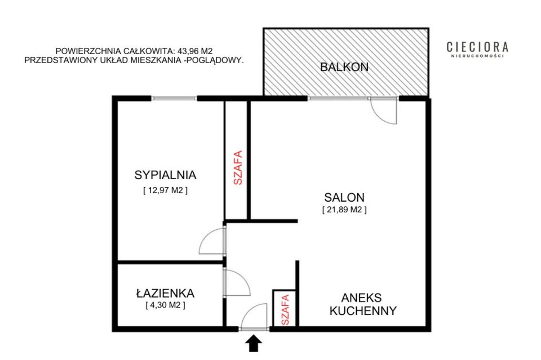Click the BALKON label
[x=344, y=66]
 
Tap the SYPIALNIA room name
[x=165, y=175]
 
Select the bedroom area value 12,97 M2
[x=166, y=190]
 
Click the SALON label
[x=344, y=197]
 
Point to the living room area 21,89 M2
[x=344, y=210]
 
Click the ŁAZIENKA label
[x=165, y=293]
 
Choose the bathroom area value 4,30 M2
[x=166, y=305]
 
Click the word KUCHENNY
[x=363, y=310]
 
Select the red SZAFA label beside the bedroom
[x=238, y=167]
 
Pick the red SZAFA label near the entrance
[x=285, y=309]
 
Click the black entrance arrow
[x=254, y=344]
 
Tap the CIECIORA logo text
[x=477, y=47]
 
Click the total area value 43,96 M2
[x=195, y=51]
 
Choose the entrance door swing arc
[x=248, y=310]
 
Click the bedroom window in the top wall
[x=174, y=98]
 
